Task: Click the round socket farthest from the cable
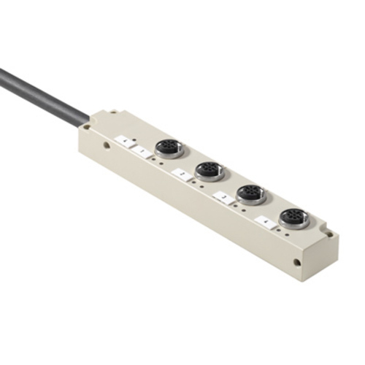click(295, 218)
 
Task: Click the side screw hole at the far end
click(296, 261)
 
